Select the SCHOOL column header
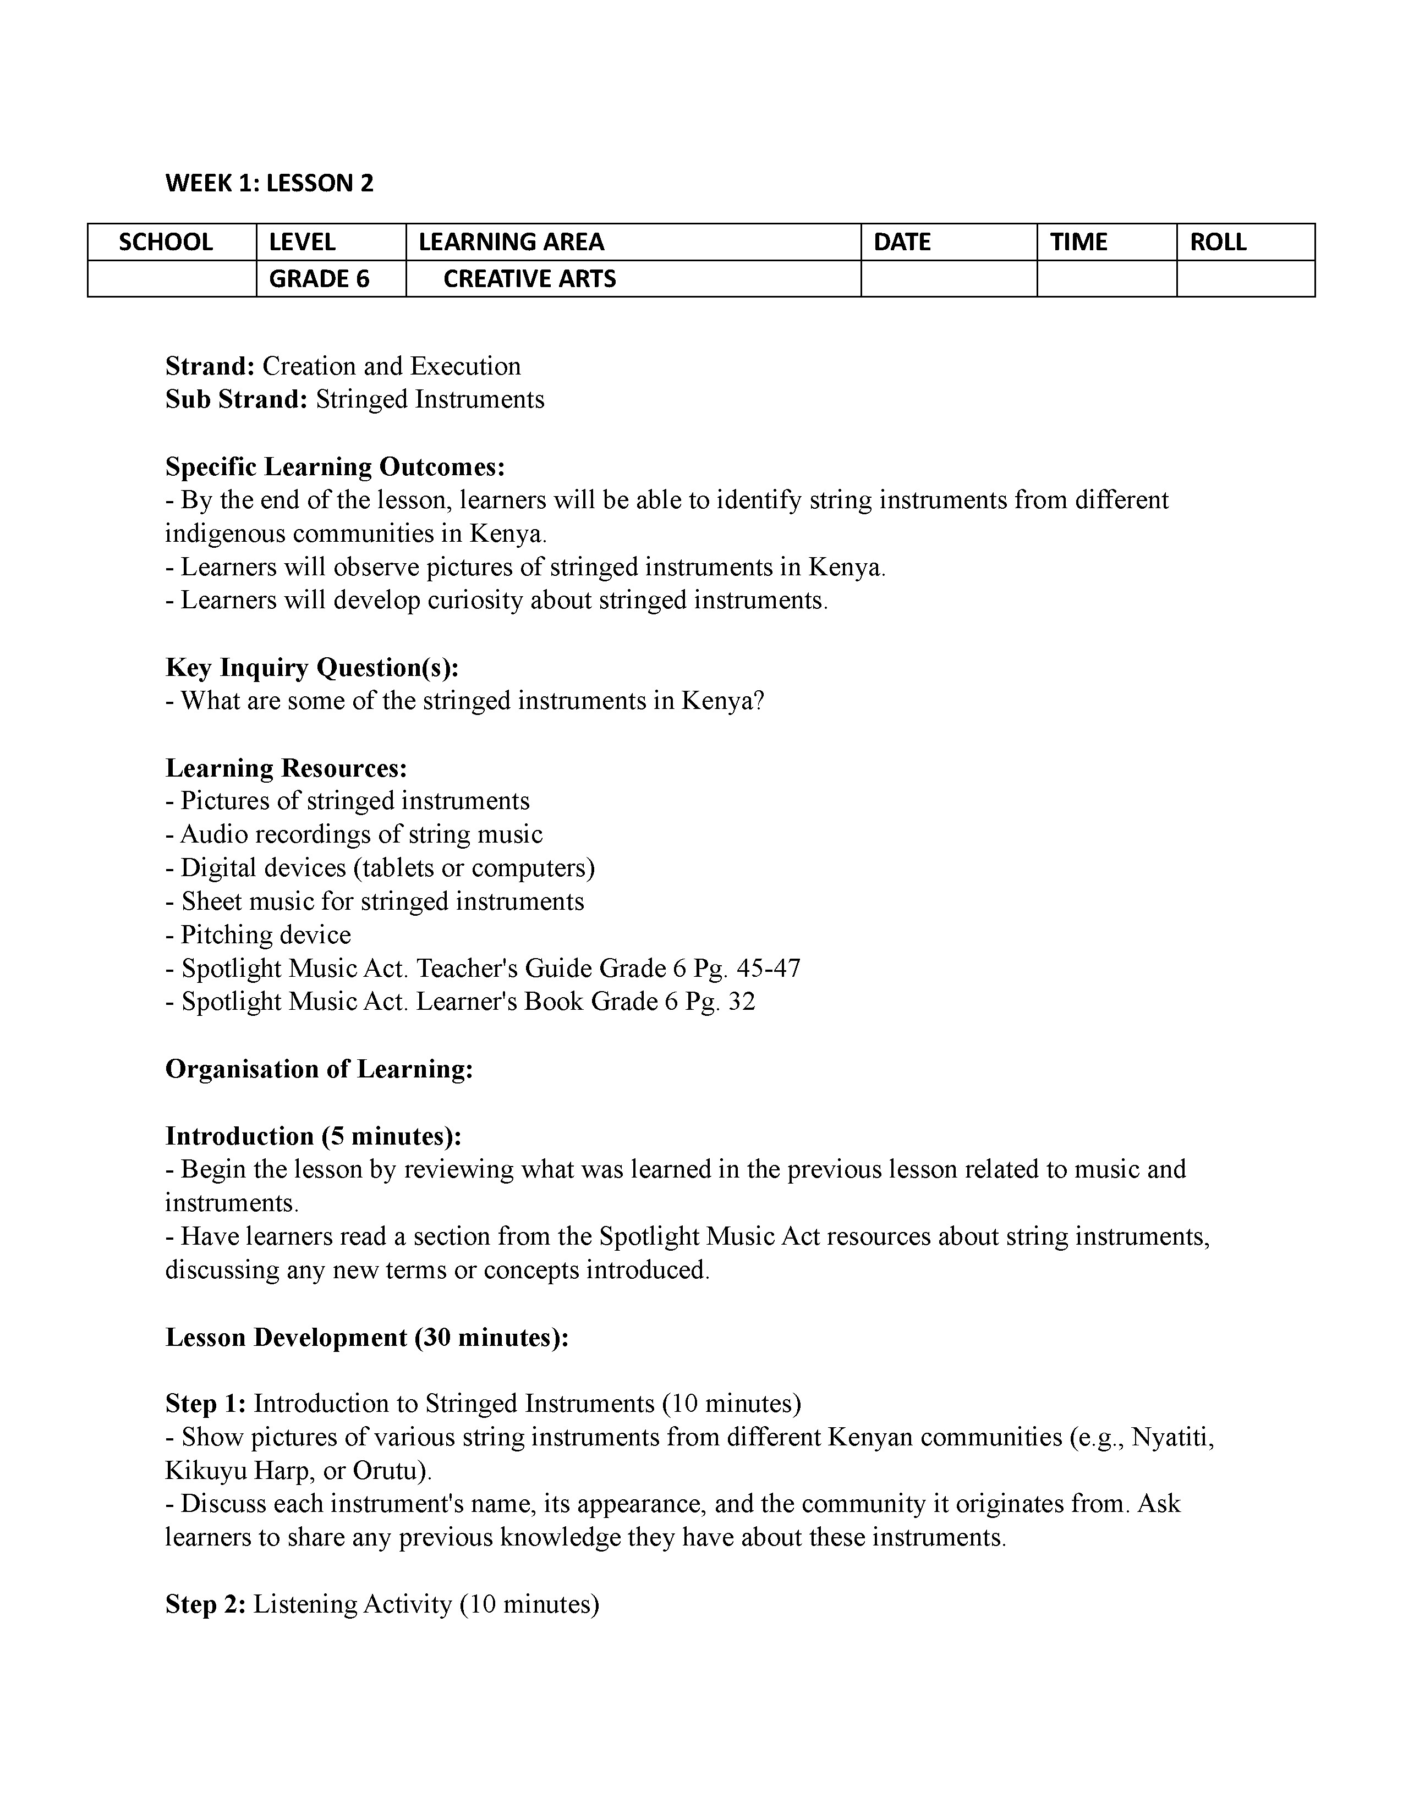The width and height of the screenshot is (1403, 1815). (x=166, y=242)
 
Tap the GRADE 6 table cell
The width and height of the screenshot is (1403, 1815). (x=319, y=278)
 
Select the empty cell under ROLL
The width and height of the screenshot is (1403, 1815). (x=1245, y=278)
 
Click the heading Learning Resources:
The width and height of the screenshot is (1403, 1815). (x=286, y=768)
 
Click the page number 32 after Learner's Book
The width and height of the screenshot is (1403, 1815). (x=742, y=1002)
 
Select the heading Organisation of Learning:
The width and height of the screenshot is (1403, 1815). (x=319, y=1069)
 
